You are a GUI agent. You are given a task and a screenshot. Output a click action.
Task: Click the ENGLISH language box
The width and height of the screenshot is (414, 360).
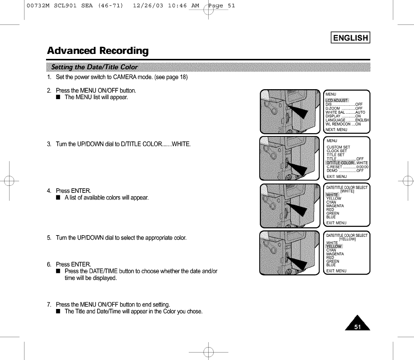click(x=351, y=38)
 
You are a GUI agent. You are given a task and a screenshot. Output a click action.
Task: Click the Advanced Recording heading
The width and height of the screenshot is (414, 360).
click(x=97, y=51)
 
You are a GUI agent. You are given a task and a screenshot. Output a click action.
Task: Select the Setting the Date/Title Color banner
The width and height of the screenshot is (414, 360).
click(x=94, y=67)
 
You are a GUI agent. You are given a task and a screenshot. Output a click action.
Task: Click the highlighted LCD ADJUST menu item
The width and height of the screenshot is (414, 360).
click(x=337, y=100)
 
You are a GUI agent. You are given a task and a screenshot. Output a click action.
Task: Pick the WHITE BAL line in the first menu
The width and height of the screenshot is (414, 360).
click(x=345, y=112)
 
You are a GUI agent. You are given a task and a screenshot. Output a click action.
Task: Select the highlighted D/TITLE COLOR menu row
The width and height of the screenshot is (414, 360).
click(x=341, y=163)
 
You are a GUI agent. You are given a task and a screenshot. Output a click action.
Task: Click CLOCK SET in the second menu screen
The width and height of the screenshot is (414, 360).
click(x=336, y=151)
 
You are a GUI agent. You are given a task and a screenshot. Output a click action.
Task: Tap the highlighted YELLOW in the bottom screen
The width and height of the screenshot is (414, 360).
click(x=334, y=246)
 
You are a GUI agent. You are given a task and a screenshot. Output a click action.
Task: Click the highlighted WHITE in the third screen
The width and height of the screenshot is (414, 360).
click(x=332, y=195)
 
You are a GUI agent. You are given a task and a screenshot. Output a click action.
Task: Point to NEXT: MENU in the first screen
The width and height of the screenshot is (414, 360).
click(x=336, y=129)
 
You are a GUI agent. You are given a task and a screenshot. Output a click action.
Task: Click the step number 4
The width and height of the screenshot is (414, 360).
click(x=49, y=191)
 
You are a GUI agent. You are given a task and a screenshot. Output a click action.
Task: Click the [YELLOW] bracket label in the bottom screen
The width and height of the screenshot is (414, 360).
click(x=348, y=239)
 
